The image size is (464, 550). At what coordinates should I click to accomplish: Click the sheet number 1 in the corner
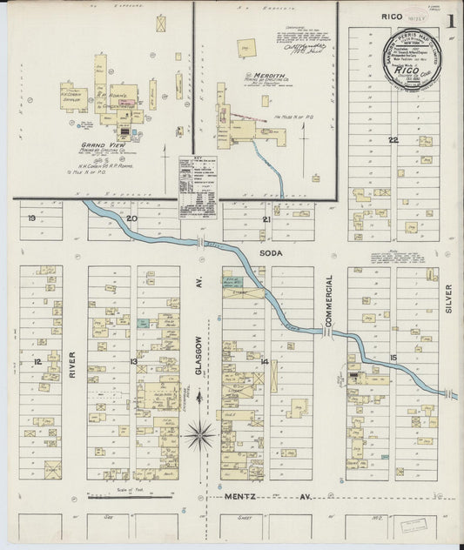point(451,18)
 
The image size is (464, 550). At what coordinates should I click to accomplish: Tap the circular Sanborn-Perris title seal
point(412,59)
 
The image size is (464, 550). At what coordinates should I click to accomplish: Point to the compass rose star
point(199,433)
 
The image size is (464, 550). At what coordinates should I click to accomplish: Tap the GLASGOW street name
point(198,356)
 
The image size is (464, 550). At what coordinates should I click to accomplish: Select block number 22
point(393,139)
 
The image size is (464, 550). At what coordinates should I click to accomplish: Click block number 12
point(37,361)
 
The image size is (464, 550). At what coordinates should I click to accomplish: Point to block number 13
point(133,361)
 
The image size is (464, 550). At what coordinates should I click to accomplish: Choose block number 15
point(393,358)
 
